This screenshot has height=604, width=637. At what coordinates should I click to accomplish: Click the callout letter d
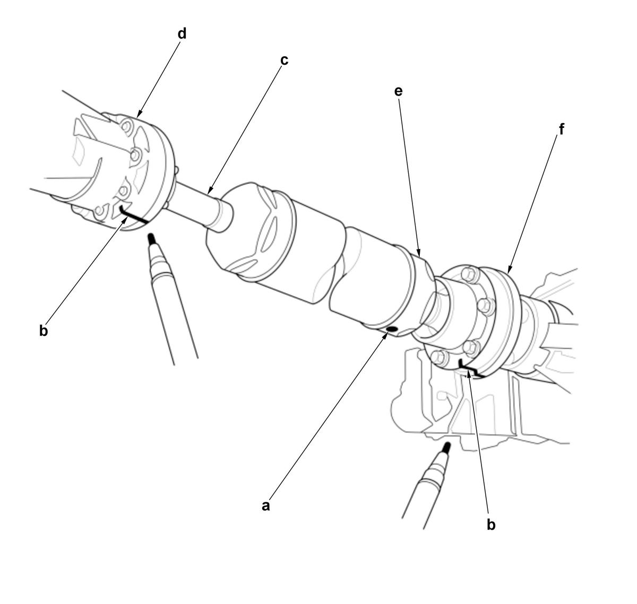click(x=182, y=33)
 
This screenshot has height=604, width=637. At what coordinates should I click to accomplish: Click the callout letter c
click(x=284, y=61)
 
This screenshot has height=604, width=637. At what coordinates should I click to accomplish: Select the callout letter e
click(x=398, y=91)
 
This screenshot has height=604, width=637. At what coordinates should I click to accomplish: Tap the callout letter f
click(x=562, y=129)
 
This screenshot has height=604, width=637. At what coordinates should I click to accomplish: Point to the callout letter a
click(x=266, y=506)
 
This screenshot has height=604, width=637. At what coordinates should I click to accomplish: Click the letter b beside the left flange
click(x=44, y=331)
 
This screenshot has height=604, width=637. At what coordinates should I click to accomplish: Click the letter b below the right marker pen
click(x=491, y=524)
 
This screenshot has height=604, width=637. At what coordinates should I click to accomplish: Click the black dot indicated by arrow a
click(x=392, y=329)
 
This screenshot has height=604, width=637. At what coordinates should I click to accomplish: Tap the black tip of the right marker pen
click(x=447, y=447)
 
